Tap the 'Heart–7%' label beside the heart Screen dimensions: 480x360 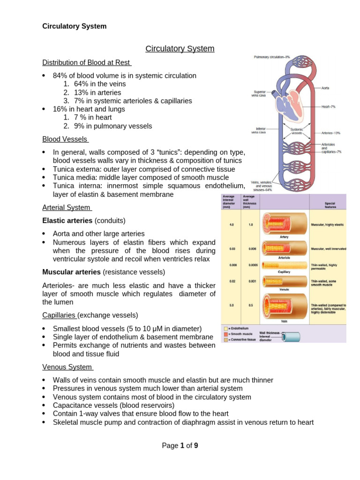pyautogui.click(x=329, y=107)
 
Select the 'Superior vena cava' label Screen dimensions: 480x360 pyautogui.click(x=260, y=93)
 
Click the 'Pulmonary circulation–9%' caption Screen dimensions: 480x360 pyautogui.click(x=272, y=57)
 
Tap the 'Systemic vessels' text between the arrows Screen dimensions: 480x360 pyautogui.click(x=297, y=131)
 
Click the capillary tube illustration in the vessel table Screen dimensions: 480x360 pyautogui.click(x=284, y=265)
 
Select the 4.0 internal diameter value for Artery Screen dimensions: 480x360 pyautogui.click(x=232, y=225)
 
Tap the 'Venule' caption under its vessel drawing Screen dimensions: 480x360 pyautogui.click(x=284, y=290)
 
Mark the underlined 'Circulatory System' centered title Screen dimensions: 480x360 pyautogui.click(x=180, y=49)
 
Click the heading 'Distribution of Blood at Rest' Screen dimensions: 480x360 pyautogui.click(x=87, y=63)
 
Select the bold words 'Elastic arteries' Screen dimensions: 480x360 pyautogui.click(x=67, y=220)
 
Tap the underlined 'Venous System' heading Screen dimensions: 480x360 pyautogui.click(x=67, y=367)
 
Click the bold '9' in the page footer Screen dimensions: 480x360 pyautogui.click(x=196, y=446)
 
